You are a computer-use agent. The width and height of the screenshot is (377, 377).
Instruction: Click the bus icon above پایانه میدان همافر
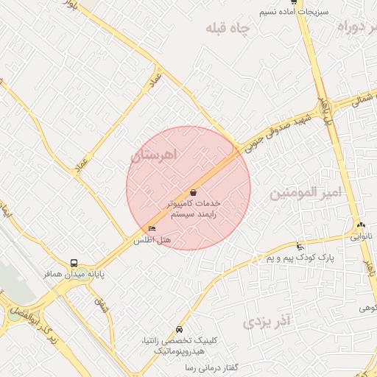(x=73, y=263)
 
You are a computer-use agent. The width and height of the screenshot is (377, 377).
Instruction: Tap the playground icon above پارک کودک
(x=299, y=246)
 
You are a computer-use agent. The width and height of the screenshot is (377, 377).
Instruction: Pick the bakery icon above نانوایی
(x=360, y=225)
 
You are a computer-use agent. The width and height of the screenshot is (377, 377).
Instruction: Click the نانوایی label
(x=361, y=237)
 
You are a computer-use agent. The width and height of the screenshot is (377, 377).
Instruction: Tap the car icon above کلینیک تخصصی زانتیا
(x=180, y=329)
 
